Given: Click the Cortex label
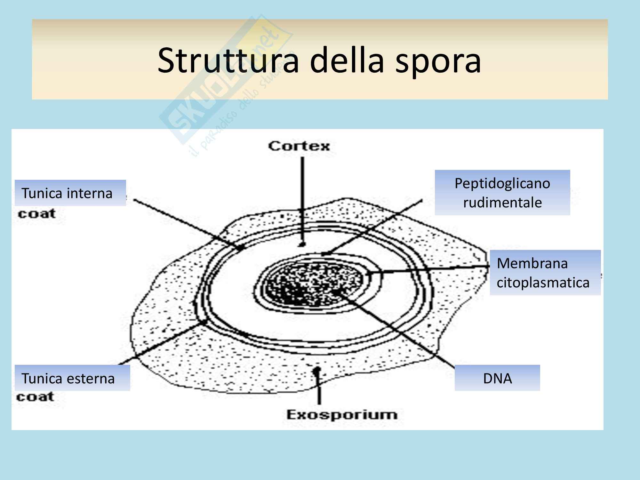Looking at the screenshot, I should [x=299, y=146].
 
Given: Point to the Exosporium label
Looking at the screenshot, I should [x=342, y=415].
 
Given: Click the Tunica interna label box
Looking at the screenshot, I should [x=70, y=193].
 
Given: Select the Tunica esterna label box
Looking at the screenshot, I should [x=72, y=378].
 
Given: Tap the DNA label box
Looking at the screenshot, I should [x=497, y=378].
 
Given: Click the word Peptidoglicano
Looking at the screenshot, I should [x=502, y=183].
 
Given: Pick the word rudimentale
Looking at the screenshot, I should [x=502, y=203].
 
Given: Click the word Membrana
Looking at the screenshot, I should [x=532, y=263].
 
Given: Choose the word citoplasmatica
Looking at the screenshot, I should [x=543, y=283].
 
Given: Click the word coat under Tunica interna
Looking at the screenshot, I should [x=37, y=214].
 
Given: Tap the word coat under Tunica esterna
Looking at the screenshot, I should [x=35, y=397].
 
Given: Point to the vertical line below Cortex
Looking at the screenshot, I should [x=302, y=198].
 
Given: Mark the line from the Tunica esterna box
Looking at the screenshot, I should [x=160, y=344].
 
